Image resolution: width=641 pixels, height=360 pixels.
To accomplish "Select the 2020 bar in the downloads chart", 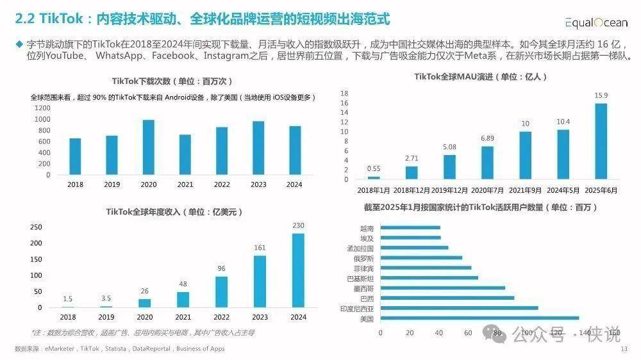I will tap(148, 147).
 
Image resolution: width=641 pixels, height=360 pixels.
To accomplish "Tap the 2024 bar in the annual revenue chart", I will tap(298, 270).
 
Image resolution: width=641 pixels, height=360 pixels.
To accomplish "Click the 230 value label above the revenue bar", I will tap(298, 225).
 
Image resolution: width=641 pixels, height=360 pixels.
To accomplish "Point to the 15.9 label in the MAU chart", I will tap(601, 95).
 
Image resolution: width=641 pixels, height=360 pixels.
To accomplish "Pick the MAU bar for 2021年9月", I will tap(526, 155).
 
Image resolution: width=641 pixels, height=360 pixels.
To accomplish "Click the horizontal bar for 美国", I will tap(479, 318).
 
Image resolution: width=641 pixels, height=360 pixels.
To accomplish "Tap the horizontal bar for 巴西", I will tap(447, 298).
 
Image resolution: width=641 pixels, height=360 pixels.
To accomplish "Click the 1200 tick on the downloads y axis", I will tap(42, 108).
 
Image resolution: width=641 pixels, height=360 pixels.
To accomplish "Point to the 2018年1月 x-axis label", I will tap(374, 191).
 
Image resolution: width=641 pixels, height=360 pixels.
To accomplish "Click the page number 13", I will tap(624, 349).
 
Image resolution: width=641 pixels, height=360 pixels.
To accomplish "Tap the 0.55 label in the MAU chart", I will tap(374, 169).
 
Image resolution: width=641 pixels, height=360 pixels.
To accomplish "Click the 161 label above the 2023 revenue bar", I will tap(259, 247).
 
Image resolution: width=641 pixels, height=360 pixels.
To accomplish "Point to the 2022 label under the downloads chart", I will tap(222, 184).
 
